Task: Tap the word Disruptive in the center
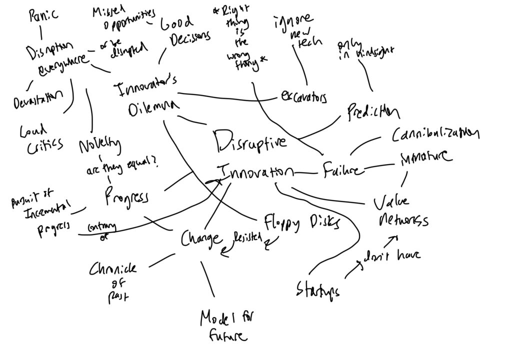coord(251,141)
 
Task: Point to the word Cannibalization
coord(435,134)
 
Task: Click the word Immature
coord(426,158)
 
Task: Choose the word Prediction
coord(373,112)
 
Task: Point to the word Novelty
coord(99,145)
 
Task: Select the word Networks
coord(404,220)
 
